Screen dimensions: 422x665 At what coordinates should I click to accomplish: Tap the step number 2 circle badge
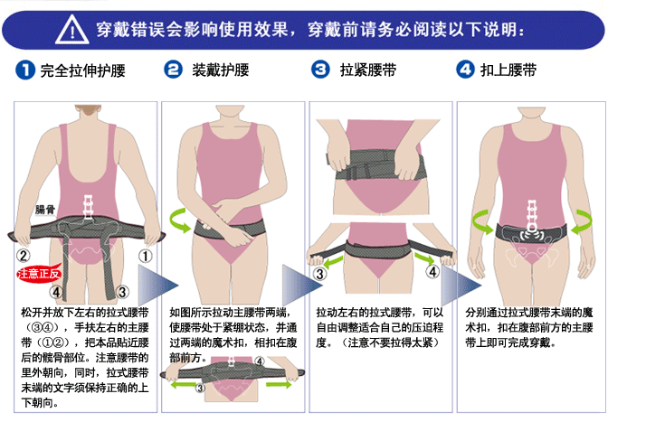point(172,70)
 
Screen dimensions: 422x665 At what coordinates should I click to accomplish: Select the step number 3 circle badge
point(319,70)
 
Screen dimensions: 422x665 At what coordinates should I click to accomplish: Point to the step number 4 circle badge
point(466,70)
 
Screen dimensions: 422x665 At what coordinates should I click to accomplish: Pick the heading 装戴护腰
point(220,70)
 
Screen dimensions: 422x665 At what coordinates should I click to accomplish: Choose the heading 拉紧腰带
point(366,70)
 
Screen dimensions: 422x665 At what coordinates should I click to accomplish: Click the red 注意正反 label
point(38,272)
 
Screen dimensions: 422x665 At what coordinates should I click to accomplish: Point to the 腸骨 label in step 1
point(45,210)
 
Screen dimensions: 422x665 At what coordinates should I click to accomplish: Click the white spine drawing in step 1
point(88,204)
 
